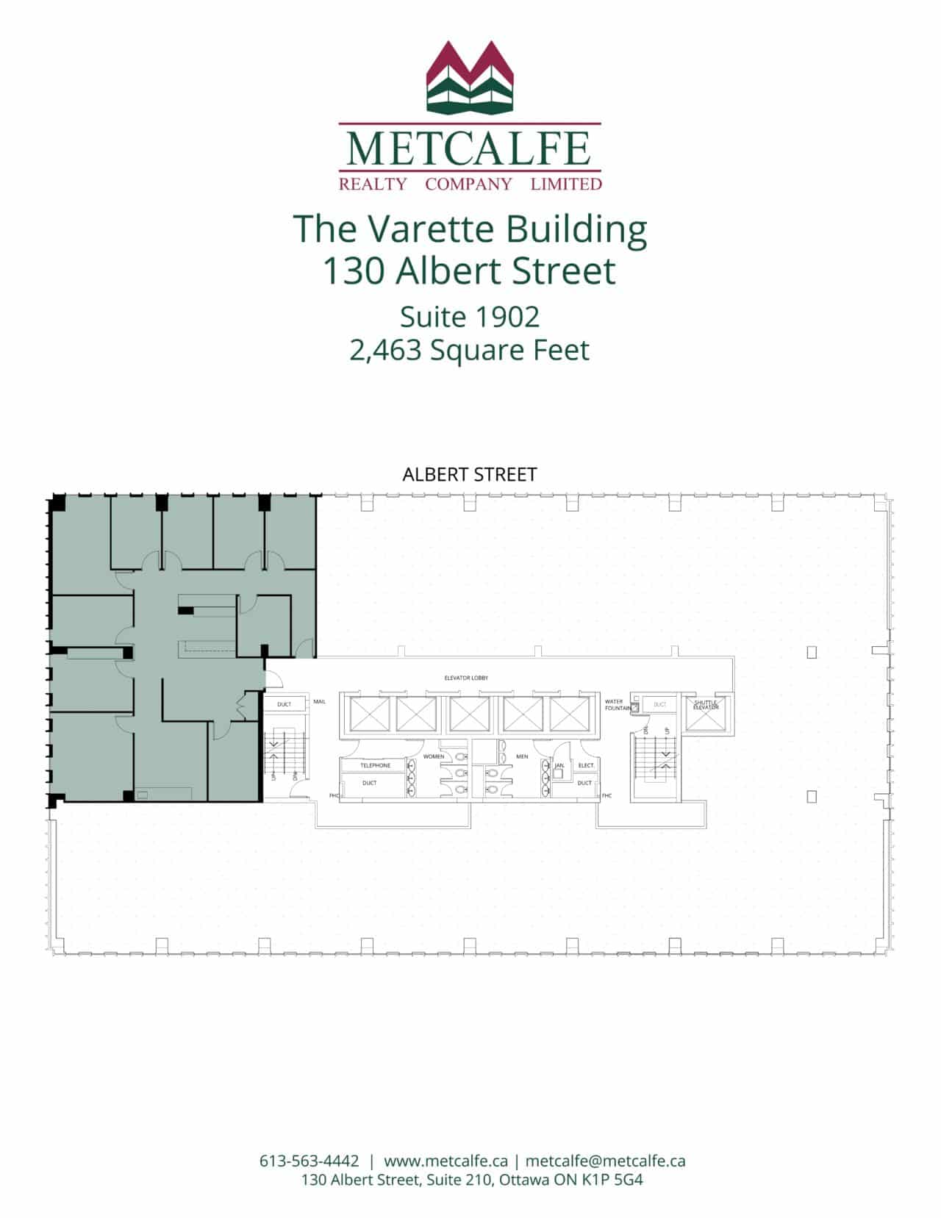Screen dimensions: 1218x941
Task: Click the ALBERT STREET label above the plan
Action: click(x=469, y=475)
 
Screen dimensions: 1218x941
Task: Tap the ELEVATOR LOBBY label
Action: click(x=466, y=678)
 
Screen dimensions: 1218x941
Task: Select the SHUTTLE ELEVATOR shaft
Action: click(x=705, y=714)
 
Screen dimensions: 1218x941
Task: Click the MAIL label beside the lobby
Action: click(x=319, y=702)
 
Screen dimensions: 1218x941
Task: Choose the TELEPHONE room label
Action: click(x=375, y=765)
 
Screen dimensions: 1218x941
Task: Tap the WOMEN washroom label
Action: click(x=433, y=756)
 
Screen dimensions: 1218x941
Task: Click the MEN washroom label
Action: click(x=522, y=756)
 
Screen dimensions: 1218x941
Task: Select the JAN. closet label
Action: click(x=559, y=765)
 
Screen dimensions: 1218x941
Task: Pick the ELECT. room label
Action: click(x=586, y=765)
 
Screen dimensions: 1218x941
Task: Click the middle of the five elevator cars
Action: click(x=470, y=714)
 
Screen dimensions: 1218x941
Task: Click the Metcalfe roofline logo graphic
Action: click(x=469, y=77)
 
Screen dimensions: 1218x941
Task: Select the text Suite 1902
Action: click(x=470, y=317)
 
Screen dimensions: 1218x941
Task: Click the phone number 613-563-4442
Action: click(x=310, y=1161)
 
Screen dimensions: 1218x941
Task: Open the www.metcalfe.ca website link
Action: click(x=446, y=1161)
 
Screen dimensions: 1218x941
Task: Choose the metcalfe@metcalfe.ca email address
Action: click(x=605, y=1161)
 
